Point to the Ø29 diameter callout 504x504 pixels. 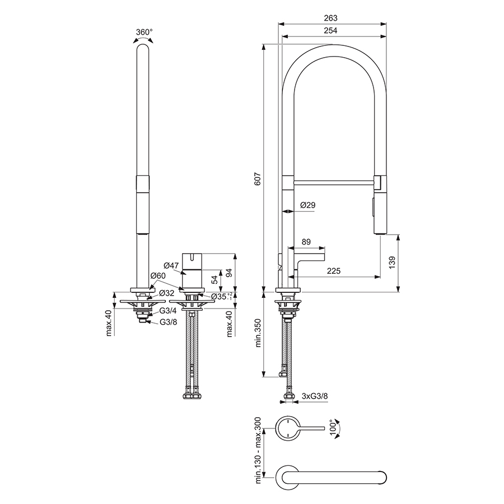point(308,206)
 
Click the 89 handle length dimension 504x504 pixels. point(306,242)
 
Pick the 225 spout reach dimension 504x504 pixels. point(333,271)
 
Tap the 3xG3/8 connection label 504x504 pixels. point(315,395)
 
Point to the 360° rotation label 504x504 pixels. point(144,32)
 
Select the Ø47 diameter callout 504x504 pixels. point(171,265)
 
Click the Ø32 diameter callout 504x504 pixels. point(166,293)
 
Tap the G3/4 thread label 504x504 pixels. point(168,310)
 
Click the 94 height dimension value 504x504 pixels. point(228,272)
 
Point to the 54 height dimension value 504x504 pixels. point(213,280)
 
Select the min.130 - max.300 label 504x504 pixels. point(258,450)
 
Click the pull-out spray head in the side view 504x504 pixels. point(379,205)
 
